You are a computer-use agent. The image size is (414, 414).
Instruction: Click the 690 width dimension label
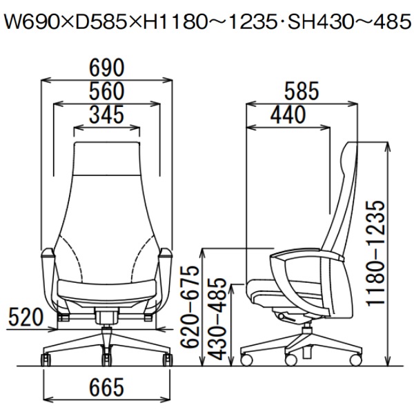click(107, 68)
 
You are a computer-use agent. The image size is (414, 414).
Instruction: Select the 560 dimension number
click(107, 91)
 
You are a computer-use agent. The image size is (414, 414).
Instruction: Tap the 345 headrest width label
click(107, 115)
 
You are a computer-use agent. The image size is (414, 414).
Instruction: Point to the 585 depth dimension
click(302, 91)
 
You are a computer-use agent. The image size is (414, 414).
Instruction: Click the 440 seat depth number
click(288, 115)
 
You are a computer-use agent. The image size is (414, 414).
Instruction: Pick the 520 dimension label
click(26, 317)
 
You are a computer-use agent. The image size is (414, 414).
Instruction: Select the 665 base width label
click(107, 387)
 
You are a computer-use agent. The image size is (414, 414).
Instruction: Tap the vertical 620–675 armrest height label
click(189, 307)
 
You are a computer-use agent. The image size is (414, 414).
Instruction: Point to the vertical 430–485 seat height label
click(218, 319)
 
